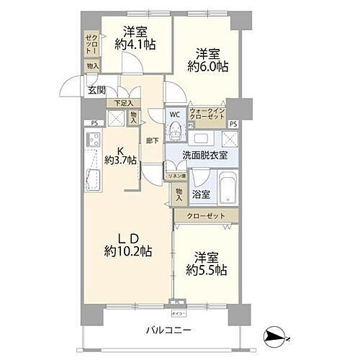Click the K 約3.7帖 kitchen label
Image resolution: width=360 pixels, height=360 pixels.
click(120, 155)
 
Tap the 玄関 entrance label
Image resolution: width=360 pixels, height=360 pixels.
click(97, 90)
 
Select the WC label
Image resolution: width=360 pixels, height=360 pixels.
click(174, 114)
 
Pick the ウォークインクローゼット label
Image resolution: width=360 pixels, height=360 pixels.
click(208, 114)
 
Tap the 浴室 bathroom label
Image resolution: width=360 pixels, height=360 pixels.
click(200, 194)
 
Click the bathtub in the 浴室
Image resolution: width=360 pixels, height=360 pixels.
click(225, 189)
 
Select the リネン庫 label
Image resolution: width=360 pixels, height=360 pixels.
click(176, 176)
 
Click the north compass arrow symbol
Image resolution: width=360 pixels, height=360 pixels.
click(276, 335)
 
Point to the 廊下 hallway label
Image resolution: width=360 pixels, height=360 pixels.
click(153, 140)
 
